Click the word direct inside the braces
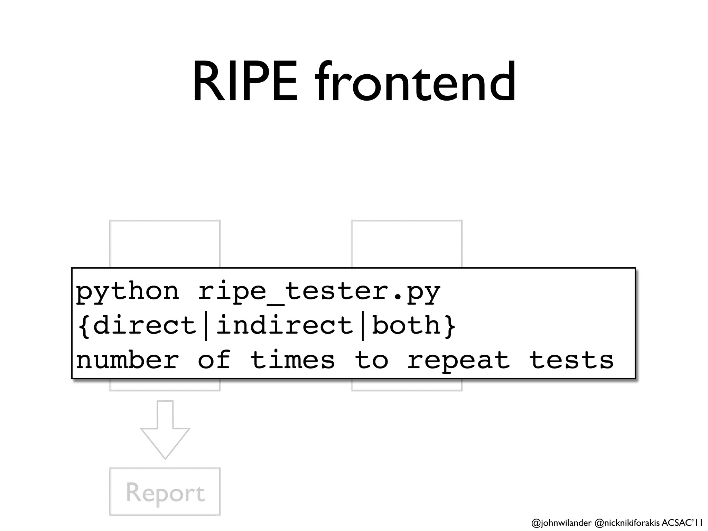click(145, 326)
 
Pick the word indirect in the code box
click(284, 326)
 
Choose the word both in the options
click(406, 326)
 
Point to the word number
click(127, 360)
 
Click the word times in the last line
click(292, 360)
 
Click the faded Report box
click(165, 492)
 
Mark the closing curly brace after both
click(449, 326)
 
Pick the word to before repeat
click(371, 360)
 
